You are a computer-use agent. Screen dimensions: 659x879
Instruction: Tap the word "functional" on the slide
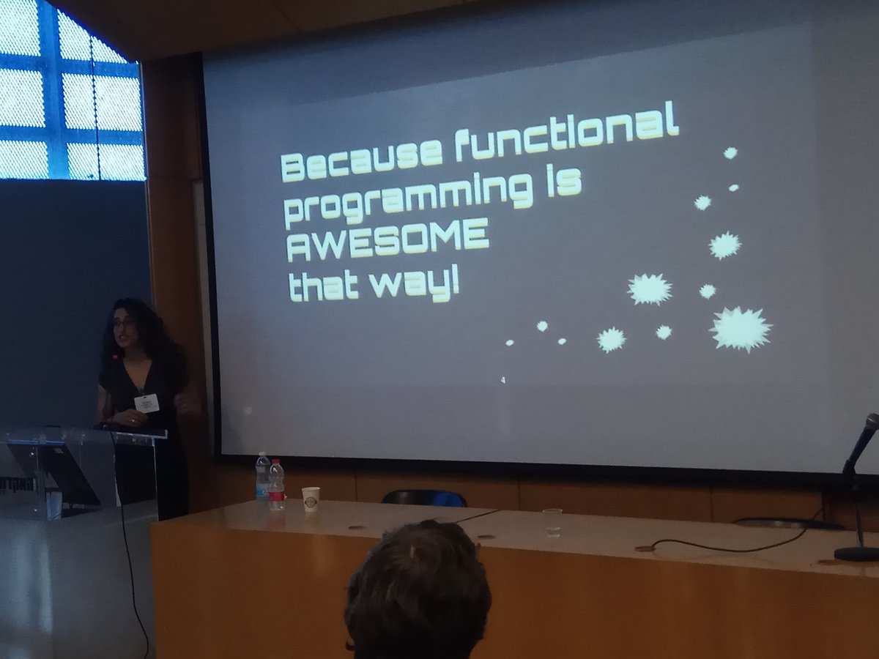(565, 133)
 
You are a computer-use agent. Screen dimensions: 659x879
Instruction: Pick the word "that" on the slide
(323, 287)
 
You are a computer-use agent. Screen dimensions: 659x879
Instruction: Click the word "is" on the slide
(567, 182)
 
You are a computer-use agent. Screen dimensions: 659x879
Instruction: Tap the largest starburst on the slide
(741, 329)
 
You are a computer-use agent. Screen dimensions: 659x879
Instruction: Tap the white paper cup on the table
(311, 499)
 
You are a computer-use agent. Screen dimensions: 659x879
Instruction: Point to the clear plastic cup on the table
(552, 521)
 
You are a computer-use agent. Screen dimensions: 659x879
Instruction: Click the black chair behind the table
(423, 498)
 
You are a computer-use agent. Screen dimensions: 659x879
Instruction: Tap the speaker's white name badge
(146, 403)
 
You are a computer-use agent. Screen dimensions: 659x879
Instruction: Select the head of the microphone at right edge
(870, 425)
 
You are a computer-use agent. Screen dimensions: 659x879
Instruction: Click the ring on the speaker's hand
(133, 421)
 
